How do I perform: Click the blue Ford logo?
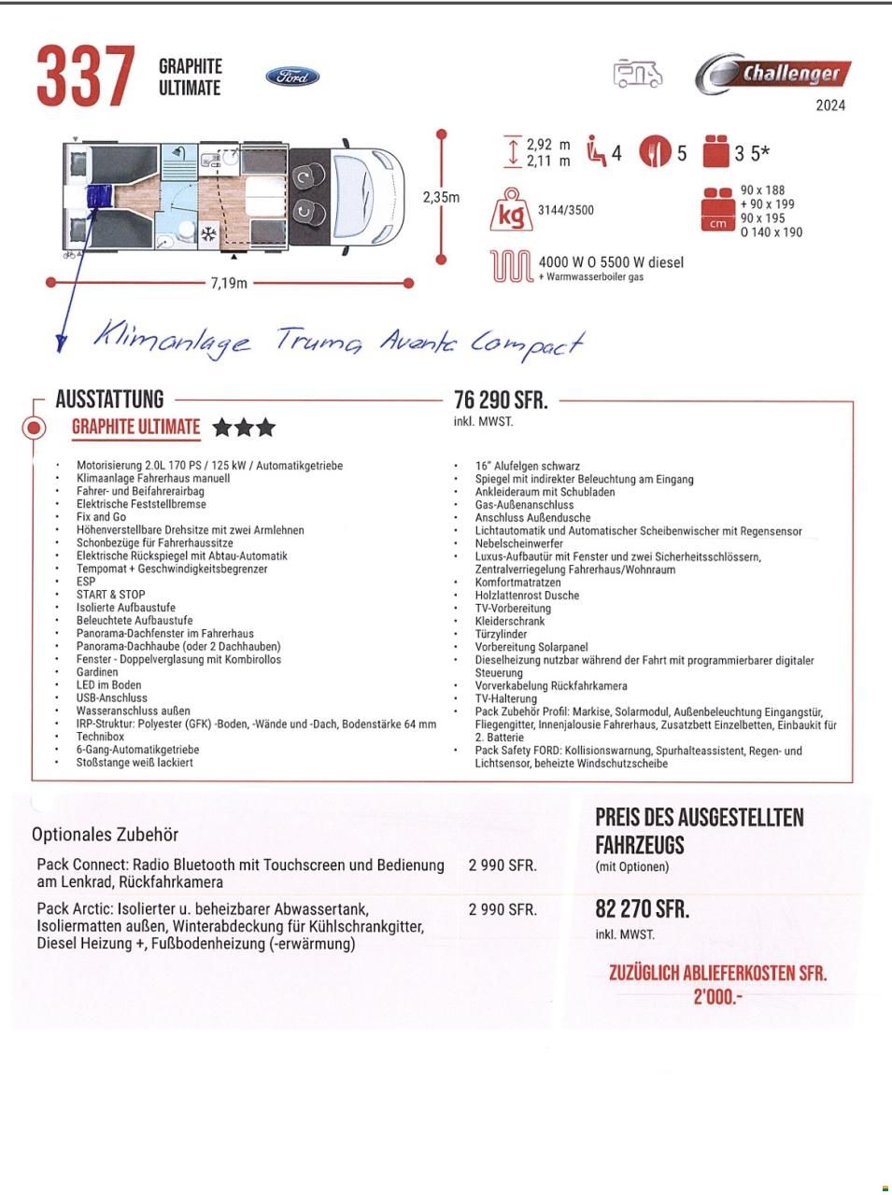[x=292, y=77]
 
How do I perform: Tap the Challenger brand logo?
[x=773, y=74]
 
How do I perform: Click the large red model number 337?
[x=85, y=77]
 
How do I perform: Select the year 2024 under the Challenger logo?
[x=829, y=105]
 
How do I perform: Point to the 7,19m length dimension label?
[x=228, y=283]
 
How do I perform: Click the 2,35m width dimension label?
[x=441, y=197]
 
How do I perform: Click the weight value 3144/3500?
[x=565, y=210]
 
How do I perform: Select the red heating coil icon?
[x=511, y=267]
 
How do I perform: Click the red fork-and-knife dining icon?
[x=655, y=152]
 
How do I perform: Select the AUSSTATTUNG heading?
[x=109, y=400]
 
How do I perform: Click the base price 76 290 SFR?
[x=501, y=401]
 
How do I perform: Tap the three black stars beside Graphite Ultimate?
[x=244, y=428]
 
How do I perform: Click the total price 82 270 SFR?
[x=642, y=909]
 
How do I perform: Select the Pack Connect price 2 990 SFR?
[x=503, y=865]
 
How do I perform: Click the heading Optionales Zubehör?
[x=105, y=835]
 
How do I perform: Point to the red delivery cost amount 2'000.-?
[x=717, y=997]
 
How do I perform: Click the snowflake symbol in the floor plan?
[x=211, y=232]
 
